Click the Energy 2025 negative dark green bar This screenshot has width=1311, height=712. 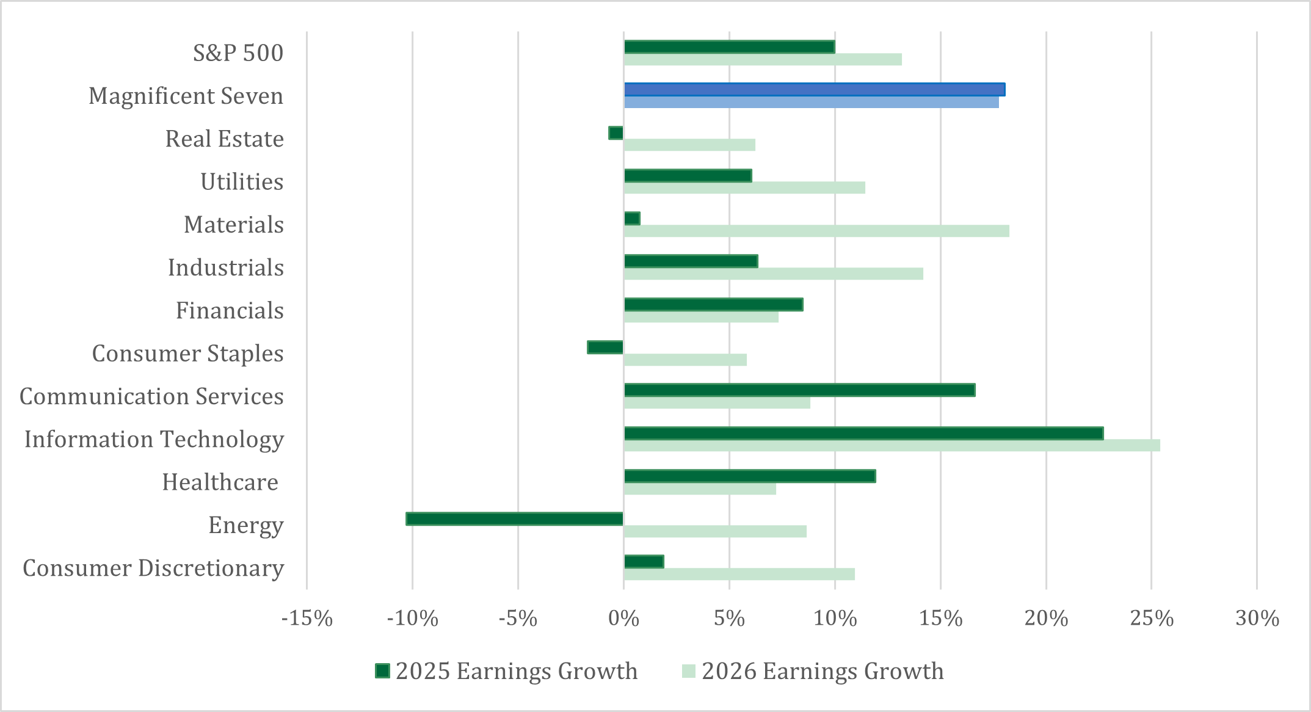(x=514, y=519)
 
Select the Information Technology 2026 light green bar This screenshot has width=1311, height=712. (x=892, y=446)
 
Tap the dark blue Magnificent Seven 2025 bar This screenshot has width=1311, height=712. (x=814, y=90)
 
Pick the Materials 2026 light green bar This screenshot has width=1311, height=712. (x=816, y=231)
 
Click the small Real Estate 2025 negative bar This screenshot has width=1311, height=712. (x=616, y=133)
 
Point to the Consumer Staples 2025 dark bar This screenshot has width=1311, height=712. (x=605, y=347)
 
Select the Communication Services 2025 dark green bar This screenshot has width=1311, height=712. (x=799, y=390)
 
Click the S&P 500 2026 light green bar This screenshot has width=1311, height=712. (x=763, y=59)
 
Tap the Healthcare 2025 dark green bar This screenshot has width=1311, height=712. (x=749, y=476)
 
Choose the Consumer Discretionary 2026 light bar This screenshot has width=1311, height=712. (x=739, y=575)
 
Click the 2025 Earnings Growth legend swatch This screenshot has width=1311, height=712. (x=382, y=671)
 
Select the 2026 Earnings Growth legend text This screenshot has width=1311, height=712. (x=822, y=671)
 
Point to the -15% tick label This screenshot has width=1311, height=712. (x=307, y=619)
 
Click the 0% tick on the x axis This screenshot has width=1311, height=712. (x=623, y=619)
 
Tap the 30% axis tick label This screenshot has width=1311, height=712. (x=1257, y=619)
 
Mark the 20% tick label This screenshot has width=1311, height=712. (x=1046, y=619)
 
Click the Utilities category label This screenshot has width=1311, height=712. (x=242, y=182)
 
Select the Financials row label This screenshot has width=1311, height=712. (x=230, y=311)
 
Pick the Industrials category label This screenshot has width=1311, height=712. (x=226, y=268)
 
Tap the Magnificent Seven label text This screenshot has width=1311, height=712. (x=186, y=96)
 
